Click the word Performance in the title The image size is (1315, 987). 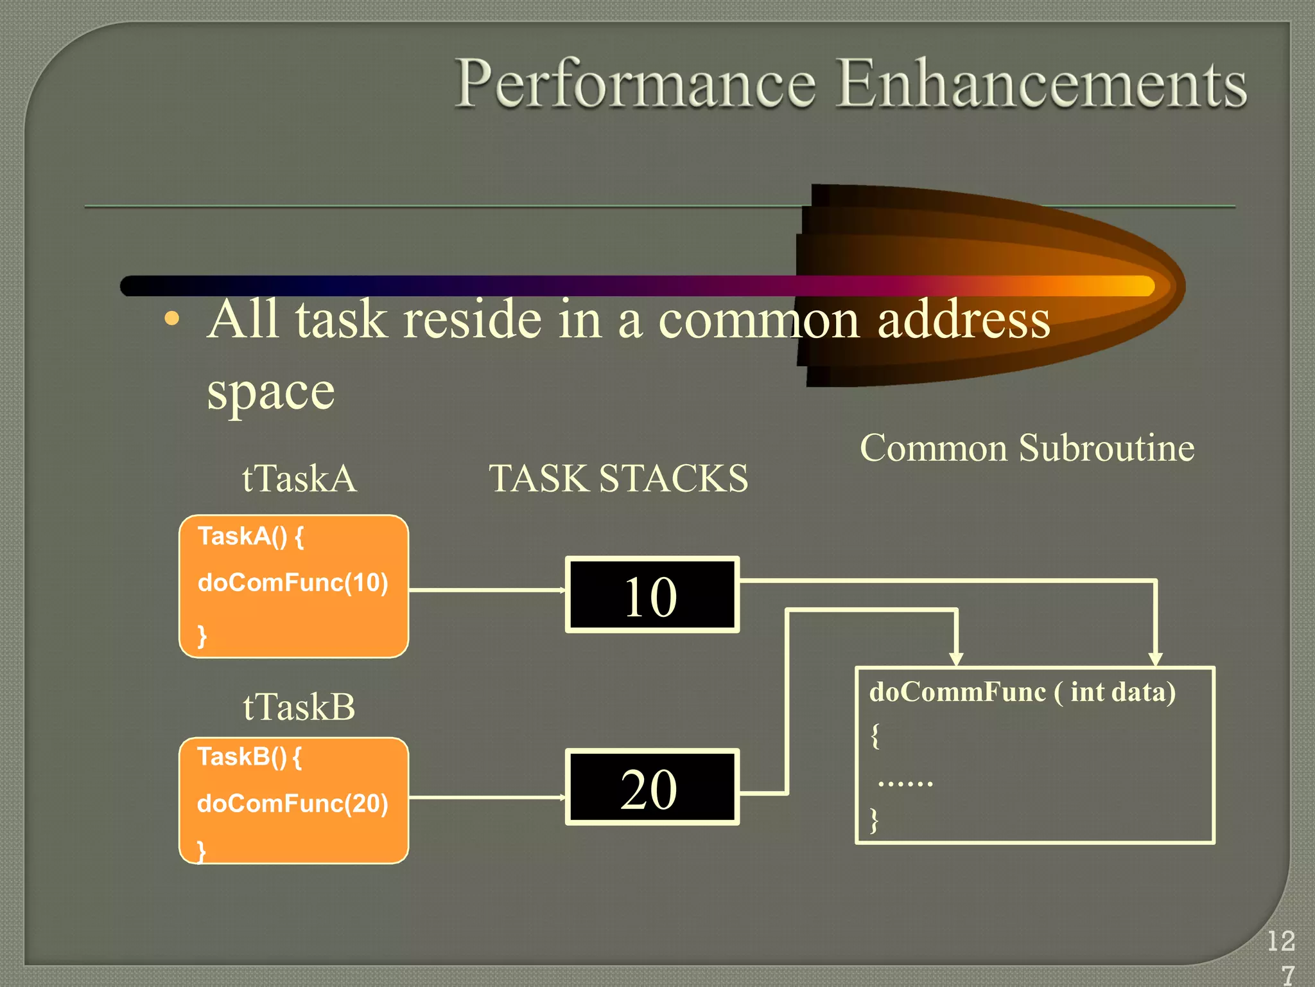(x=635, y=84)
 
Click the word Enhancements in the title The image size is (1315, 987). (x=1041, y=83)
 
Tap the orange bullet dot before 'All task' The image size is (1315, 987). (x=171, y=319)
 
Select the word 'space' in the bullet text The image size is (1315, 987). (x=270, y=391)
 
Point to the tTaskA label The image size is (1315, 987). (x=299, y=478)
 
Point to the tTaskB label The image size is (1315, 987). (x=299, y=707)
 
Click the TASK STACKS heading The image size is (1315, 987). (x=618, y=478)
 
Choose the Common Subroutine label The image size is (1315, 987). (x=1027, y=447)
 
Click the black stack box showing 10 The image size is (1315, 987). (x=652, y=595)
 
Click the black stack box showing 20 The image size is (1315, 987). (x=652, y=787)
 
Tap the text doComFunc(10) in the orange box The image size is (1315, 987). (x=293, y=583)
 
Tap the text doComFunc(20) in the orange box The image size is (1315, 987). (x=293, y=804)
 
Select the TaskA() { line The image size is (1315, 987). (x=251, y=536)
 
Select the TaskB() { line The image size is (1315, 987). (x=250, y=757)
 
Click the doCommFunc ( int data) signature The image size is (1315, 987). (x=1022, y=692)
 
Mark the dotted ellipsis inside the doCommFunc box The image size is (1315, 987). (x=905, y=783)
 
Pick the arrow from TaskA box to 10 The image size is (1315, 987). (x=487, y=589)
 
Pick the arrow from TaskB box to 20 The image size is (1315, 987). (x=487, y=797)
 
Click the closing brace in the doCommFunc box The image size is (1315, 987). (x=874, y=820)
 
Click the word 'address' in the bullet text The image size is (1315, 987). (x=963, y=319)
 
